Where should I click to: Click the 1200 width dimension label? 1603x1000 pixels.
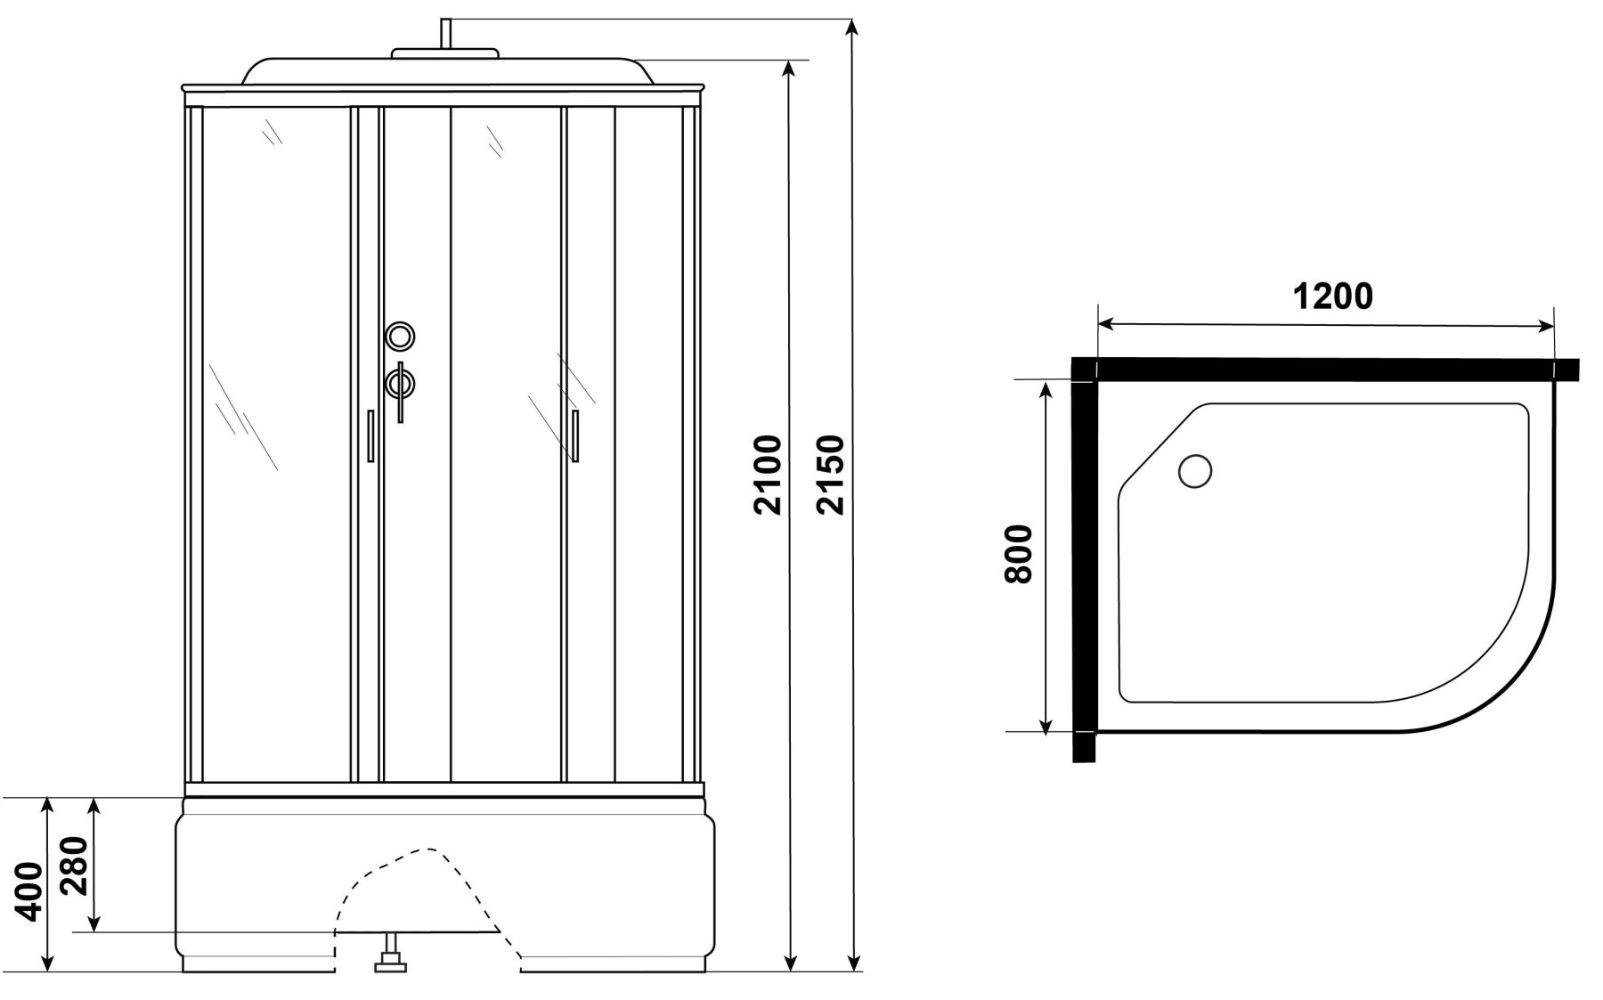(1332, 297)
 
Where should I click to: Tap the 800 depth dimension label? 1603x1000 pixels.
(1018, 554)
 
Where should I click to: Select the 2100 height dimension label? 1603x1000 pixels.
(767, 475)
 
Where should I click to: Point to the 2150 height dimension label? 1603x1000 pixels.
(830, 475)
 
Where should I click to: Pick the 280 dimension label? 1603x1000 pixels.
(75, 867)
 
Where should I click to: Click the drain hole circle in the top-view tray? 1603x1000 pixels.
(1195, 470)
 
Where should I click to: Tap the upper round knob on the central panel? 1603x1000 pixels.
(400, 336)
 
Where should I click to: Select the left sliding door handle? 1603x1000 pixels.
(370, 435)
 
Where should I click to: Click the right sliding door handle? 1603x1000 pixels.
(575, 436)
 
